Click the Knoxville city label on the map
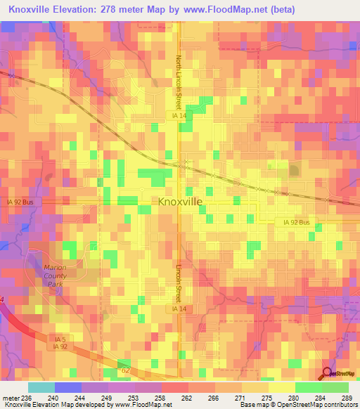coord(180,202)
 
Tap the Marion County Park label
coord(54,275)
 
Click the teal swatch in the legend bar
coord(41,387)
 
